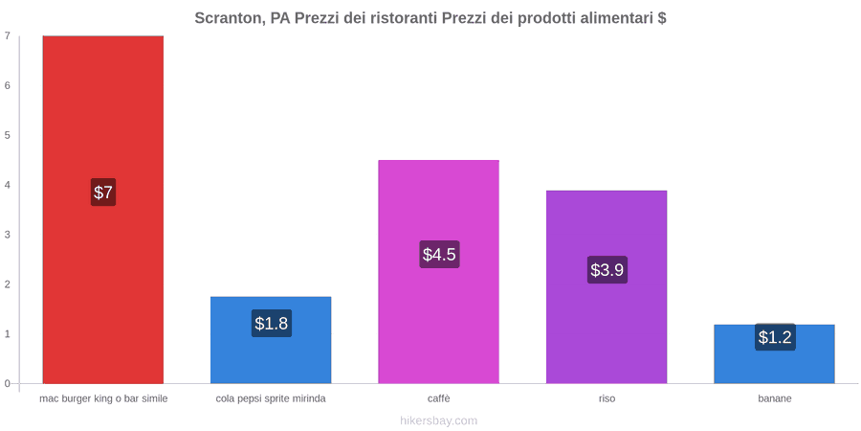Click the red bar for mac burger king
[x=103, y=210]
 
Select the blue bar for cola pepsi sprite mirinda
[x=271, y=340]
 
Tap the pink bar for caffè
[x=439, y=272]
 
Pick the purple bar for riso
[x=607, y=287]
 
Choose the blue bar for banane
[x=774, y=354]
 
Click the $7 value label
[x=103, y=193]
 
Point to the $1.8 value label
[x=272, y=324]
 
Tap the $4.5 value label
[x=439, y=255]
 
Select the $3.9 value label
[x=607, y=270]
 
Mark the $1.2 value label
[x=775, y=337]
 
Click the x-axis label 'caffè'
[x=439, y=398]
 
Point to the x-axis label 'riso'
[x=607, y=398]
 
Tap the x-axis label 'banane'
[x=775, y=398]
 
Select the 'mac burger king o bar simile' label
[x=103, y=398]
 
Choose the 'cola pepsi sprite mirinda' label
[x=271, y=398]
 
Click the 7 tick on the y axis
[x=8, y=35]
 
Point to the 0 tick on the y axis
[x=8, y=383]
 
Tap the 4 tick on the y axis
[x=8, y=185]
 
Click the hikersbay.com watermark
[x=439, y=420]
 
